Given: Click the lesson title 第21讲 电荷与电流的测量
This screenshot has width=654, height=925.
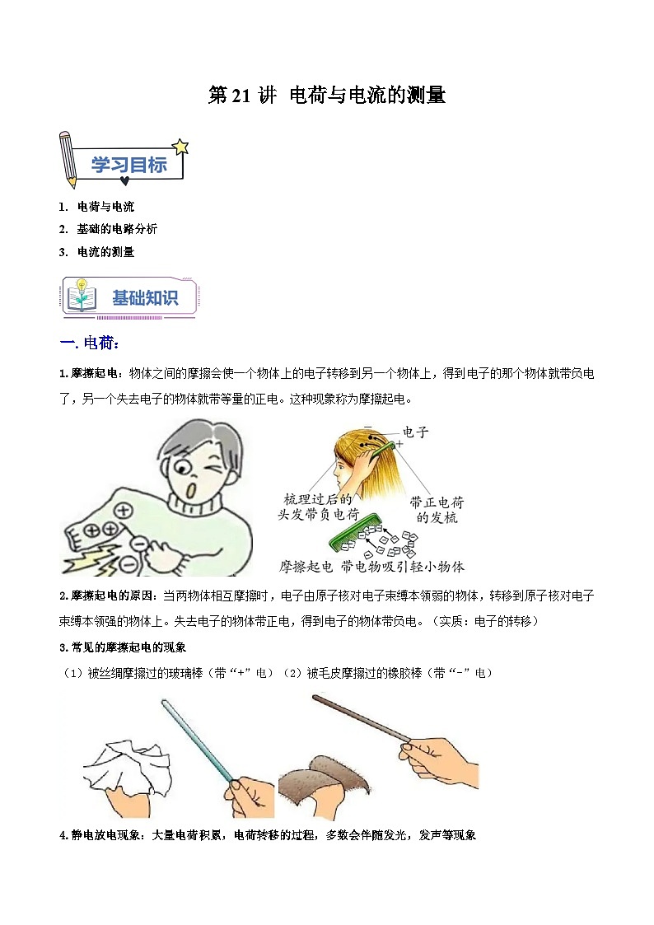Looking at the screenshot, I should [327, 96].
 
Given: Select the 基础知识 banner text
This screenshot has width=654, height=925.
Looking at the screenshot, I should [145, 298].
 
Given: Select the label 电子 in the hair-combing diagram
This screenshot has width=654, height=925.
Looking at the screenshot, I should [415, 432].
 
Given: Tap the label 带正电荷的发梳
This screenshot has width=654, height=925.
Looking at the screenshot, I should [437, 509].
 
